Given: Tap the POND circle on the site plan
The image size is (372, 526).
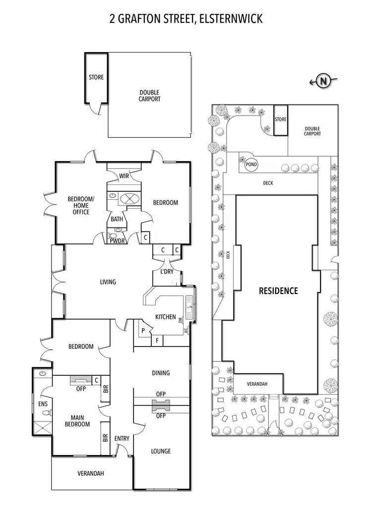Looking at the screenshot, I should point(251,165).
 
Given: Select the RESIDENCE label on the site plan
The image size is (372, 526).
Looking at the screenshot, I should point(278,291).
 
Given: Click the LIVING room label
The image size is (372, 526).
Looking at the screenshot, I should point(108,282).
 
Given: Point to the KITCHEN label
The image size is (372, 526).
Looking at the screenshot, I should point(165,317).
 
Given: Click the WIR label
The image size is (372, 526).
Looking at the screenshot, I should point(124,176).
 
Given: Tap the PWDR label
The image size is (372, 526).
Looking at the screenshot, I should point(117,240).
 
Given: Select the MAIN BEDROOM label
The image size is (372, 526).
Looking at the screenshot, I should point(77,421).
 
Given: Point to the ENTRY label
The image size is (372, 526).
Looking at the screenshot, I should point(122,439).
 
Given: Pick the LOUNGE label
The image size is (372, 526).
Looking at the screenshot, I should point(161,451).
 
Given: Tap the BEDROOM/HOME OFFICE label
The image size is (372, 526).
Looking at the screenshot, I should point(78,206).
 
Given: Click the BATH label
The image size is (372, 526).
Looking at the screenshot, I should point(117,219).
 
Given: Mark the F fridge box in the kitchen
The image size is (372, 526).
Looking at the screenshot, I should point(157,341).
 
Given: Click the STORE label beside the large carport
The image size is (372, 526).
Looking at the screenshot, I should point(96,77).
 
